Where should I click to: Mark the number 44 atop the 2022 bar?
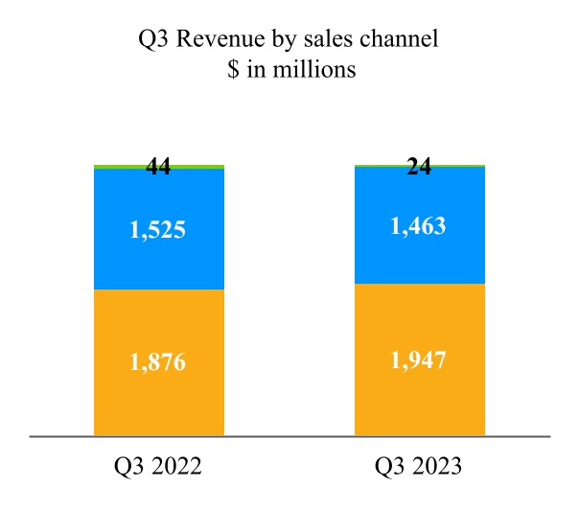pos(158,167)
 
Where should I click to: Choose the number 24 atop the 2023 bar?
pos(419,167)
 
